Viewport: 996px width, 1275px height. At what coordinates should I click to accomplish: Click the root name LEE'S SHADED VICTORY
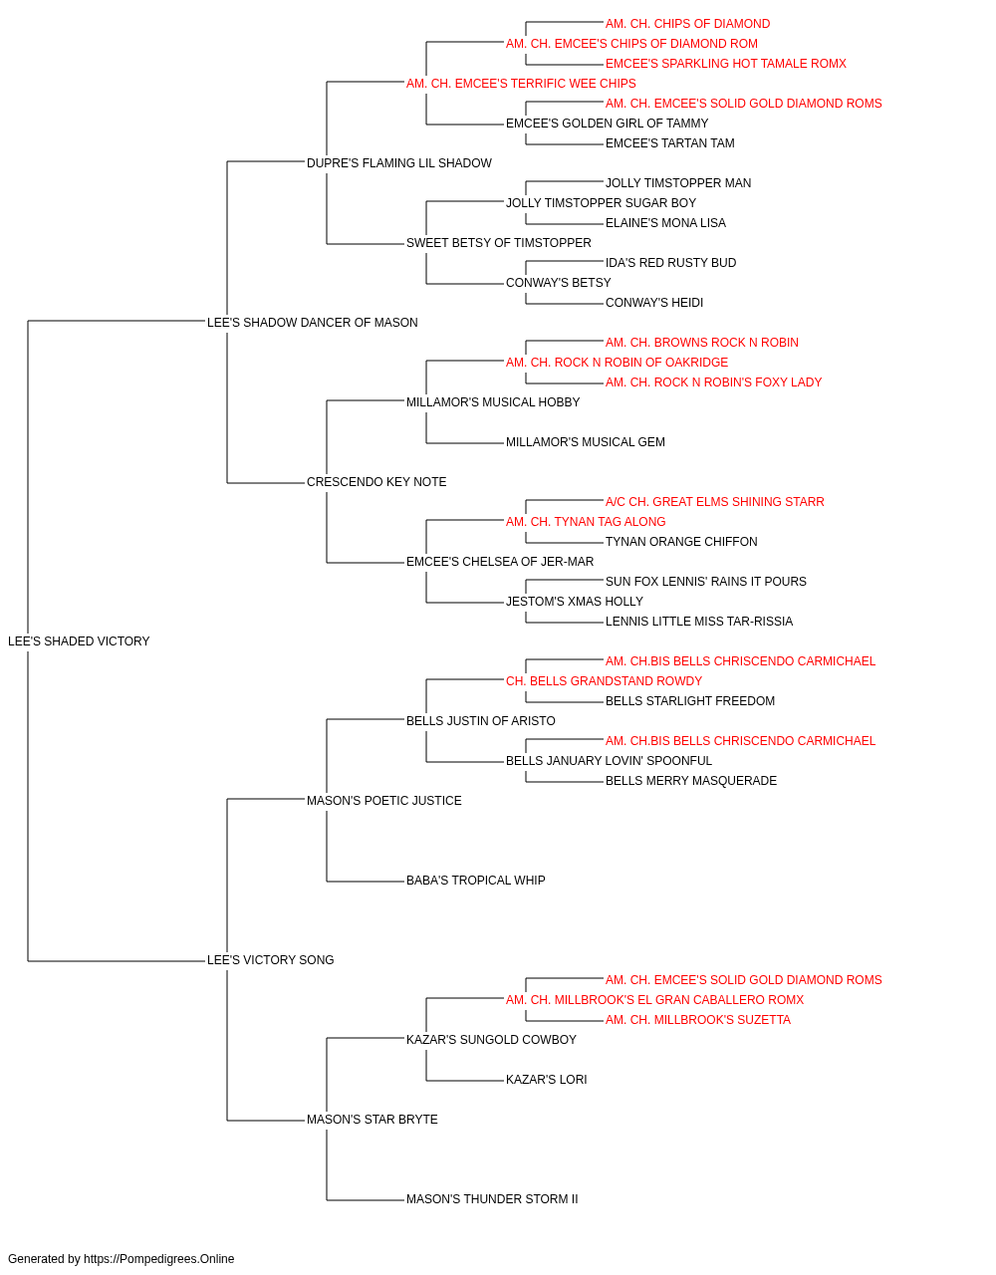(79, 641)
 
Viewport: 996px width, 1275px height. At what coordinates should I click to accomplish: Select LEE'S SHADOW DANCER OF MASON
(312, 322)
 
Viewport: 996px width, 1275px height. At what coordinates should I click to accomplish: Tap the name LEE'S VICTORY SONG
(270, 960)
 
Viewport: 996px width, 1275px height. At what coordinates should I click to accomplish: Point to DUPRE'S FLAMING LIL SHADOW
(398, 163)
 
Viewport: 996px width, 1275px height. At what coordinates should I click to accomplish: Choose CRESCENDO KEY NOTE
(376, 482)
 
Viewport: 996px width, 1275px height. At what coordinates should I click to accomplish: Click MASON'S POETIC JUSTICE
(383, 800)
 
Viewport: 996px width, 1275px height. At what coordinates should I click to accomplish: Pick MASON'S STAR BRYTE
(372, 1119)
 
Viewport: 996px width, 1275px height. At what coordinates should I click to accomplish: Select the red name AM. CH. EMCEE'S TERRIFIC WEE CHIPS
(521, 84)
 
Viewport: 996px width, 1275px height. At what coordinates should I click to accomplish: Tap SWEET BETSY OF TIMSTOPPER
(499, 243)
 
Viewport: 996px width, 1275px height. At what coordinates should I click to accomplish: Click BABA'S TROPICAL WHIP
(476, 881)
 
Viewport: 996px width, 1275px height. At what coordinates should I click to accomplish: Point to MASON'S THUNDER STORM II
(492, 1198)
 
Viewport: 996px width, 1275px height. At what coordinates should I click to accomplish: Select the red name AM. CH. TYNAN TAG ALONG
(586, 522)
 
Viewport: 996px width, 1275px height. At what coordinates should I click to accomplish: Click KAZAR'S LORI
(546, 1079)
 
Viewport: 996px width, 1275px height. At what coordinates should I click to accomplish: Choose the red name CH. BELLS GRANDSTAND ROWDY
(604, 680)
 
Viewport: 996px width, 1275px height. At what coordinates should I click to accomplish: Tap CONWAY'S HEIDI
(654, 303)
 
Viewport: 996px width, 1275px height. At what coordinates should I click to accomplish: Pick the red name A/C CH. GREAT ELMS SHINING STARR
(714, 502)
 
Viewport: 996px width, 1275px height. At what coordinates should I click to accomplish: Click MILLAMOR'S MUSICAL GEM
(586, 442)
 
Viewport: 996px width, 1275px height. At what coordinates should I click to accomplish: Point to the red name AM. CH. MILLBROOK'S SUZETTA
(698, 1020)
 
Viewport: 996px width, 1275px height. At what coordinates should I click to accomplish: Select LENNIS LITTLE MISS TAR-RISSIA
(698, 622)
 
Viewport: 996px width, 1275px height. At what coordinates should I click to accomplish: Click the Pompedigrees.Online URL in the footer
(158, 1259)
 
